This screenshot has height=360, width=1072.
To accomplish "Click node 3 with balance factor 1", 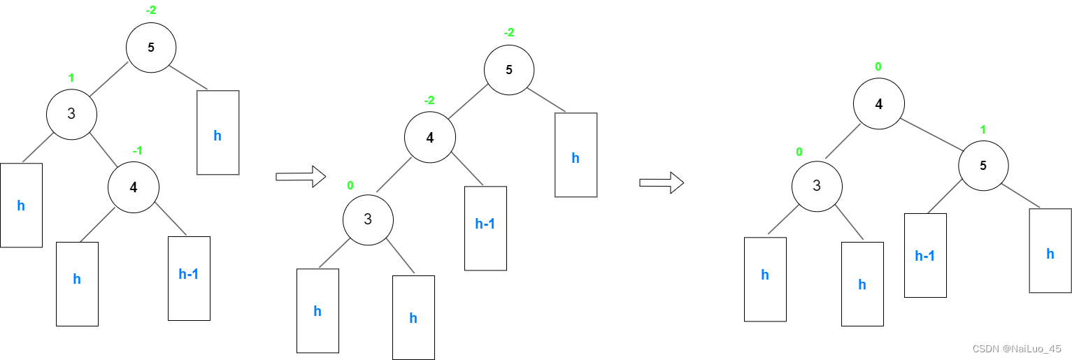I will (x=71, y=113).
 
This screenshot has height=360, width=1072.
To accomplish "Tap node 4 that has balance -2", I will (x=430, y=138).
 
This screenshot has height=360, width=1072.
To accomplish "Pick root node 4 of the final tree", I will (x=879, y=104).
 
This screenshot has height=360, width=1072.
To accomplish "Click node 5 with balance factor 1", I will (x=983, y=166).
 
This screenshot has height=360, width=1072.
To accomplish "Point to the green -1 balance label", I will (x=138, y=151).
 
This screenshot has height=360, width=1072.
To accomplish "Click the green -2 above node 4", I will (x=429, y=100).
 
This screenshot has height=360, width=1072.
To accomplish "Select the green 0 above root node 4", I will (x=878, y=67).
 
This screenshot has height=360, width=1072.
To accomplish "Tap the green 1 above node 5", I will (x=982, y=130).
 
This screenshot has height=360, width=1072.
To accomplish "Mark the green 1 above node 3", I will (x=71, y=78).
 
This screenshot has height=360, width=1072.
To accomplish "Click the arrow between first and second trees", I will (x=301, y=177).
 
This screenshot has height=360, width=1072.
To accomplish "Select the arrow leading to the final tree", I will (x=662, y=183).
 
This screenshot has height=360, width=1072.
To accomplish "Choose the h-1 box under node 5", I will (x=925, y=255).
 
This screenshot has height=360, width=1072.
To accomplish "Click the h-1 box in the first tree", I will (x=189, y=278).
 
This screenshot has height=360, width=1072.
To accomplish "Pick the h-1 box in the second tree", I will (x=485, y=228).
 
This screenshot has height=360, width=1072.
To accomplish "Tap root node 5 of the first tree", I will (x=151, y=48).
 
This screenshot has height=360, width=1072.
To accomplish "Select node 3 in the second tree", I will (x=368, y=219).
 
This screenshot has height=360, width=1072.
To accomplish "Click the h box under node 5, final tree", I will (x=1050, y=250).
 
